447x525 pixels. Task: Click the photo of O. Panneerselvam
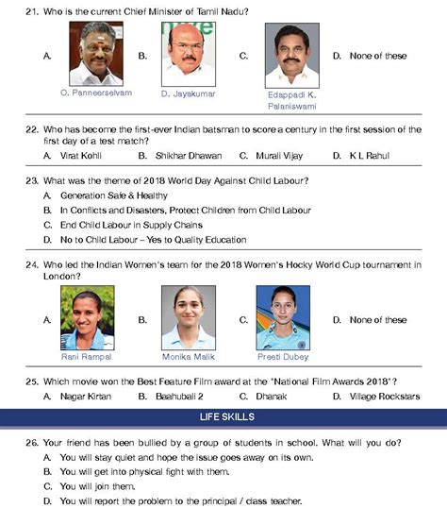pyautogui.click(x=96, y=55)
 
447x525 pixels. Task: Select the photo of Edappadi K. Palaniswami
pyautogui.click(x=292, y=55)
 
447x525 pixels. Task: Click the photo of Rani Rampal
pyautogui.click(x=88, y=318)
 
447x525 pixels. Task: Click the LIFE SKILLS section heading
pyautogui.click(x=223, y=415)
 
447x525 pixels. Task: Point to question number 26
pyautogui.click(x=30, y=441)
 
